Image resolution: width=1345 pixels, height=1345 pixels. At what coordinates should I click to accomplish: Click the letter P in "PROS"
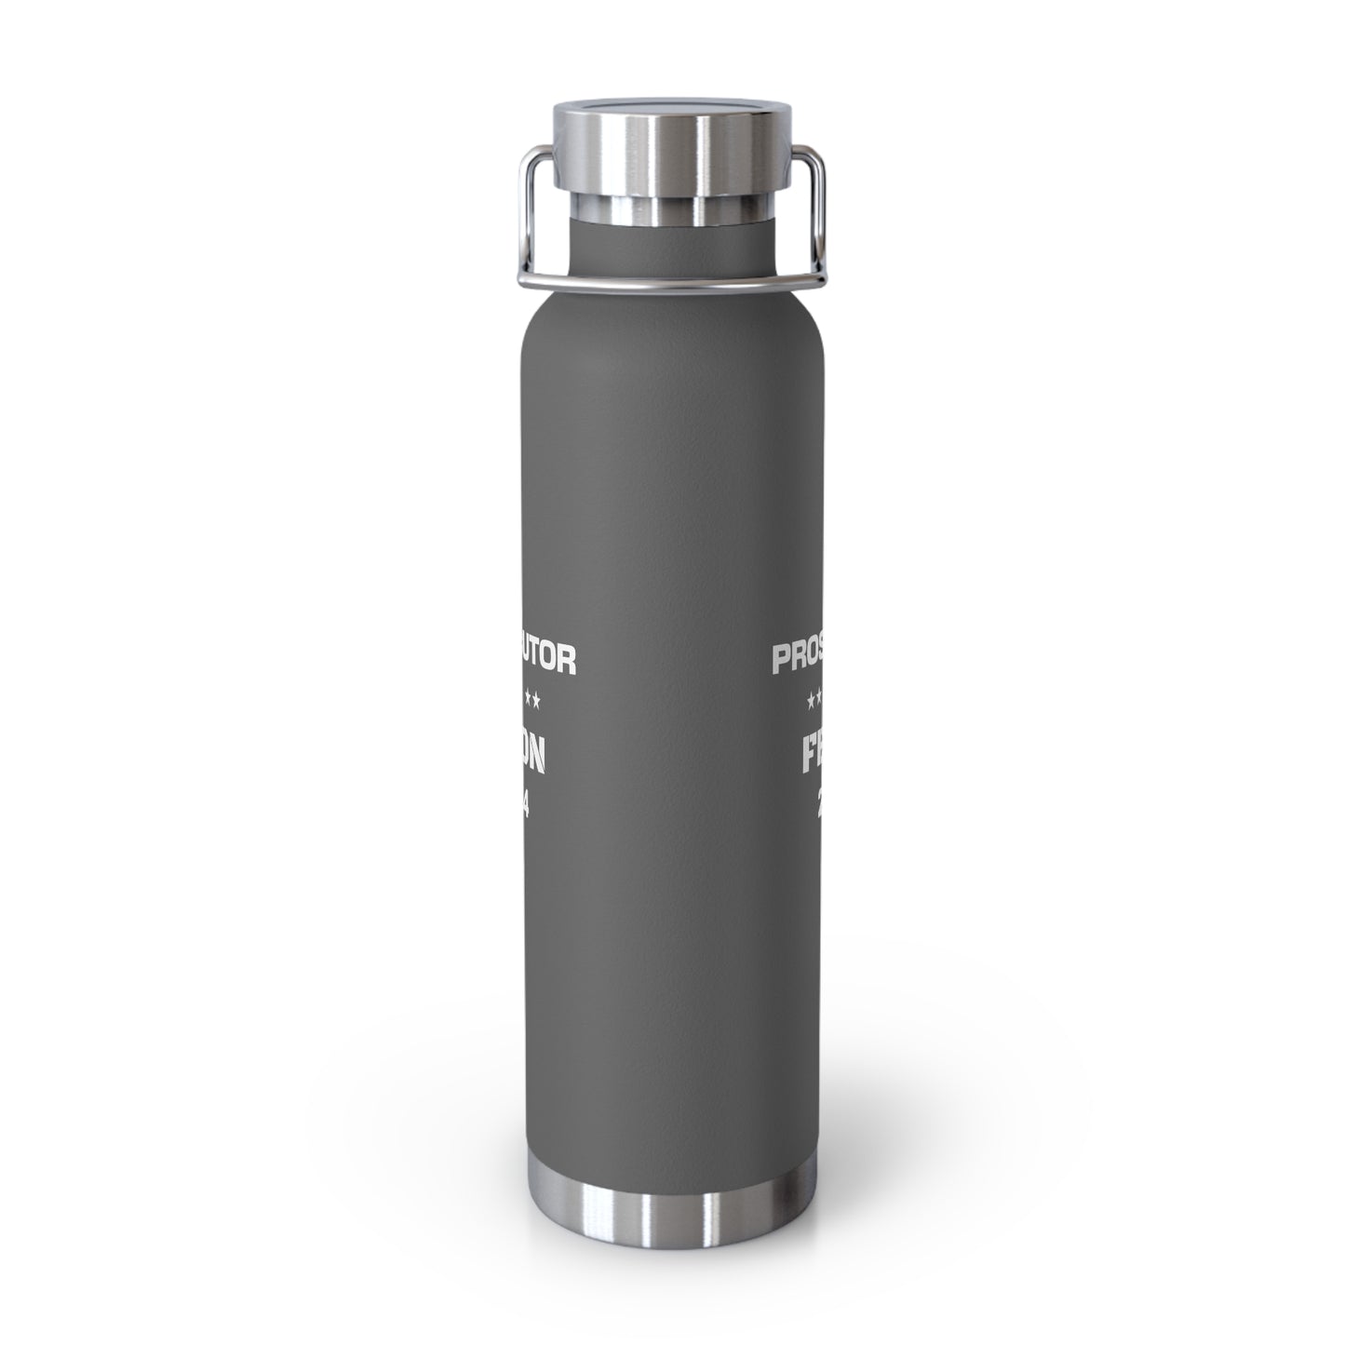(783, 660)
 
